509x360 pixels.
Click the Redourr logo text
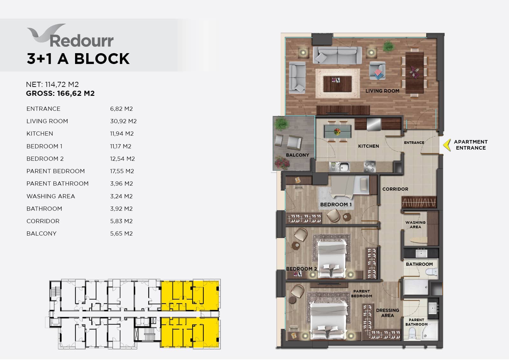(81, 41)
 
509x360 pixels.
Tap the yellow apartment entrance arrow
(447, 145)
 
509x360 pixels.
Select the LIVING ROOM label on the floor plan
(382, 91)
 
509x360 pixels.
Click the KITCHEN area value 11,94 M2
(122, 133)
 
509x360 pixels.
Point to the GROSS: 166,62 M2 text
(60, 93)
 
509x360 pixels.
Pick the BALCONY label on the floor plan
(297, 155)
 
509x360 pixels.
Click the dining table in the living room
(415, 73)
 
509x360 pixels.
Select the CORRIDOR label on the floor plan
(395, 189)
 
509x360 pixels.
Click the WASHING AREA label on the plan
(415, 225)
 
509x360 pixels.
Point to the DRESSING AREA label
(387, 313)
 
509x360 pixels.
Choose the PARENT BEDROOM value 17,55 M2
(122, 171)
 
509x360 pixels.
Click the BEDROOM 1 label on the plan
(336, 204)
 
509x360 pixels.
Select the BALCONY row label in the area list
(41, 234)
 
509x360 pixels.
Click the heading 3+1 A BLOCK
(78, 59)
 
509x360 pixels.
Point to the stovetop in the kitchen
(369, 166)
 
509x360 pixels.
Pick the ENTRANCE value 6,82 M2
(121, 109)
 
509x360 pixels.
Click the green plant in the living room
(388, 46)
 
